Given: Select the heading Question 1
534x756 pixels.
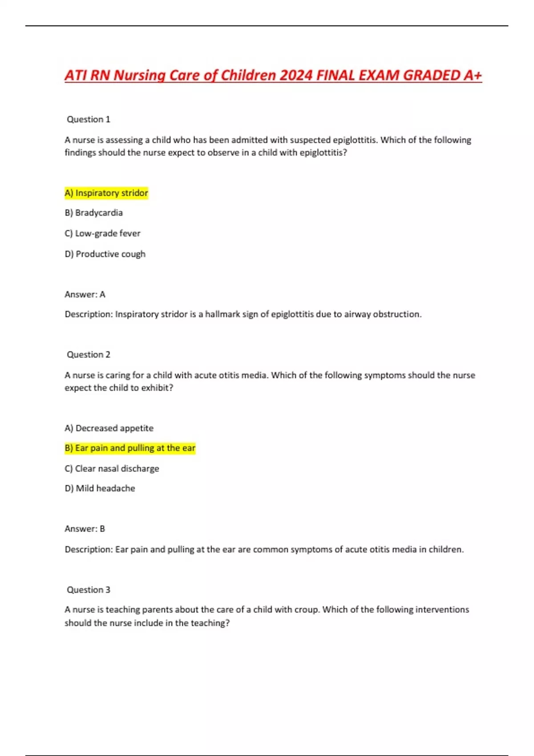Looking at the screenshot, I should [88, 119].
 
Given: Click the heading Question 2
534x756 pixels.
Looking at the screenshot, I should [88, 354].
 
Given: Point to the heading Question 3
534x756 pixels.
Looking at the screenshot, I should [88, 590].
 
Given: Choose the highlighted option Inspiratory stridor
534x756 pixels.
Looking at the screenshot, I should [106, 193].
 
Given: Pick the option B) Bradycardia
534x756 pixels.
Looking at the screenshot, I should [93, 213].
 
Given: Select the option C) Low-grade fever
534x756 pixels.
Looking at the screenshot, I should [102, 233].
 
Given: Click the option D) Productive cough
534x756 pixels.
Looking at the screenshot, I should [105, 254].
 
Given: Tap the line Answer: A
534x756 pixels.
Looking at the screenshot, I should [85, 294].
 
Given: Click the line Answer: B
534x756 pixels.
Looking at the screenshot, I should [85, 529].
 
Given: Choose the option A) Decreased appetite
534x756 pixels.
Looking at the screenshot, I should [109, 428].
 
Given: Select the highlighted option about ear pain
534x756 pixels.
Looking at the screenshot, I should [130, 448].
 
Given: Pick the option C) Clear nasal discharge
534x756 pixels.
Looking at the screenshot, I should [112, 468].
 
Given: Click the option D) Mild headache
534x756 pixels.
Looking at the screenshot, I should [100, 488].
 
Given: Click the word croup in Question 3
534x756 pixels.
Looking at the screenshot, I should [307, 610].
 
